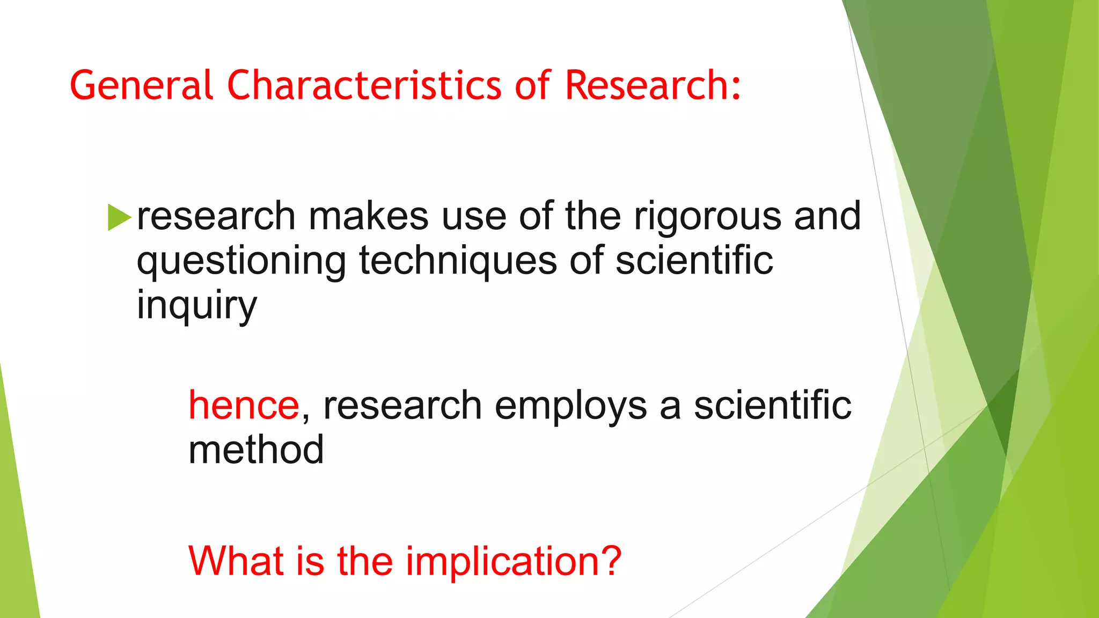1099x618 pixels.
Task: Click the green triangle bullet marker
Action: point(119,217)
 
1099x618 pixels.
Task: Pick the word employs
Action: point(570,406)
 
